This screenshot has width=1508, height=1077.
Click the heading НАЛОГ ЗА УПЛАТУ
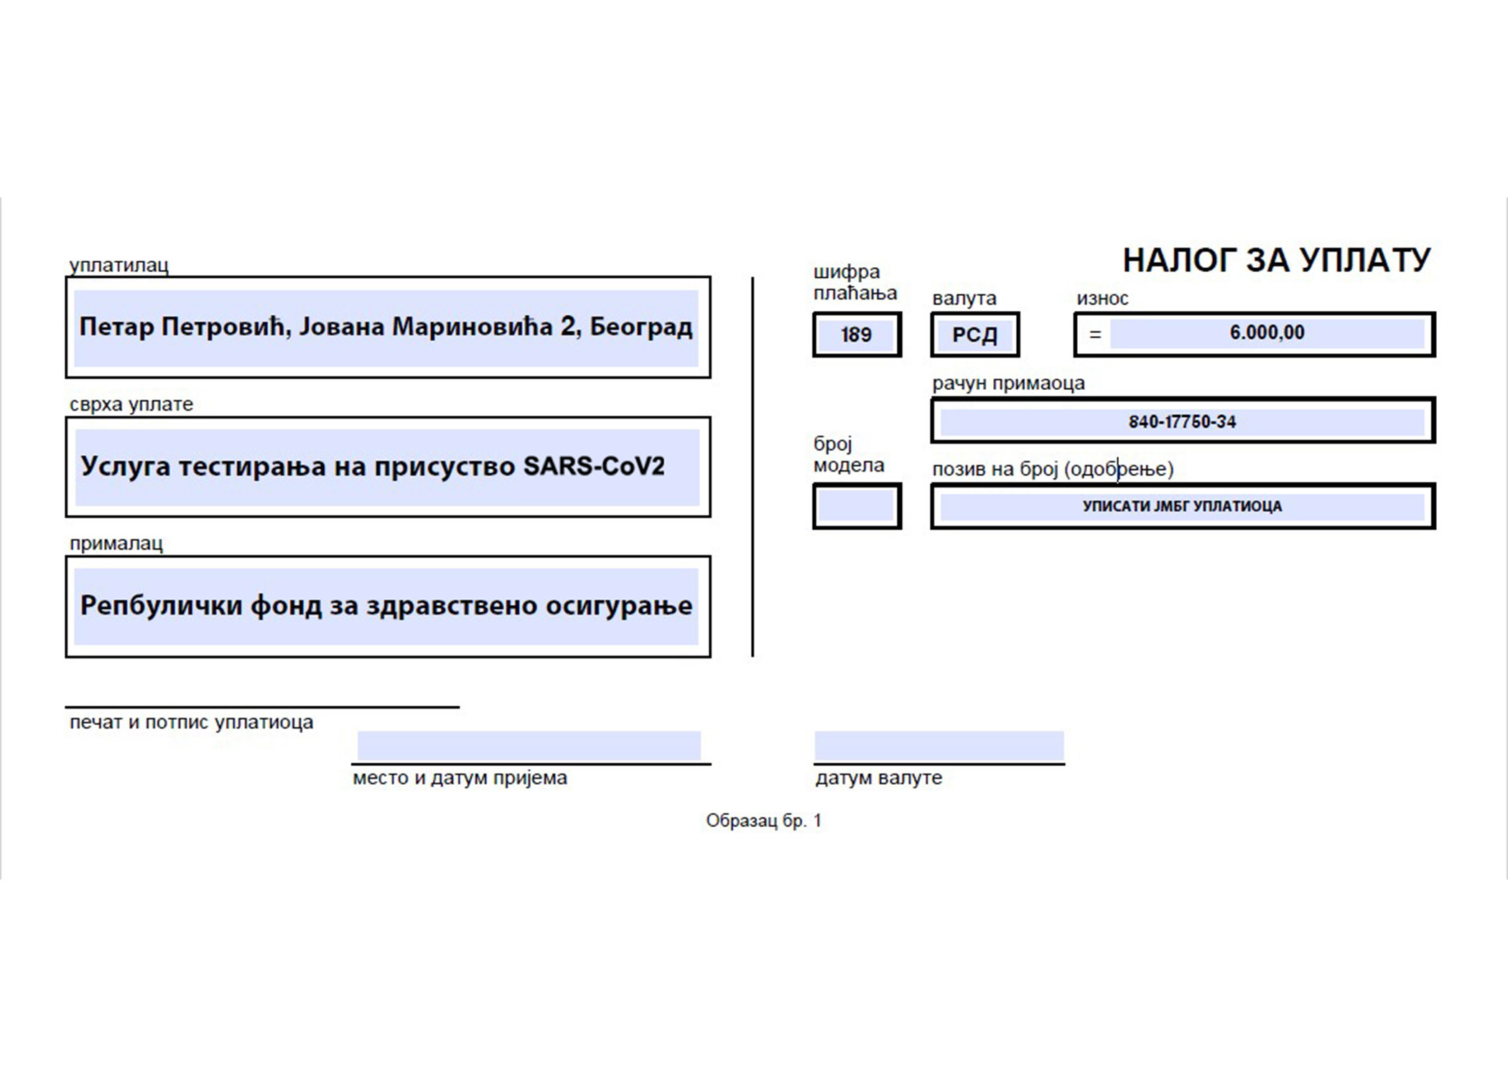(1276, 260)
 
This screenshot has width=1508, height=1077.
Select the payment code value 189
(856, 335)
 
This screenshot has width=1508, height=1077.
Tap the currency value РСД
(974, 335)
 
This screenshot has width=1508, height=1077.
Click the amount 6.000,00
(1267, 332)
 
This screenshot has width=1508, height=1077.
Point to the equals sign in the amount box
(1094, 335)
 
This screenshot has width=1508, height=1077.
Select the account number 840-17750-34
(1182, 421)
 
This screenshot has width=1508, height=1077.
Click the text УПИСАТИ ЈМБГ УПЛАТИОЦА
(1182, 506)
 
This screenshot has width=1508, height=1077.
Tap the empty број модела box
(856, 506)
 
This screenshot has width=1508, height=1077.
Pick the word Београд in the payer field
(641, 327)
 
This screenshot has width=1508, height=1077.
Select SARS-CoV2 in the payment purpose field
(594, 467)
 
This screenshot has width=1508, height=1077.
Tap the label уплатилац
(119, 265)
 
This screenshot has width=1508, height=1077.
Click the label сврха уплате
(131, 404)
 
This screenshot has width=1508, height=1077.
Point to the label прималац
(116, 544)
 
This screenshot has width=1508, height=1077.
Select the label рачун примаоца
(1008, 383)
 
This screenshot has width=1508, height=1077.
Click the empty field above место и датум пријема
(529, 745)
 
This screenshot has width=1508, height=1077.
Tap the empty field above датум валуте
(939, 745)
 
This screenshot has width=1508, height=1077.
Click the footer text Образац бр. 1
(763, 821)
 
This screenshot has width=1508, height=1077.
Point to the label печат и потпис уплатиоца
(191, 722)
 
